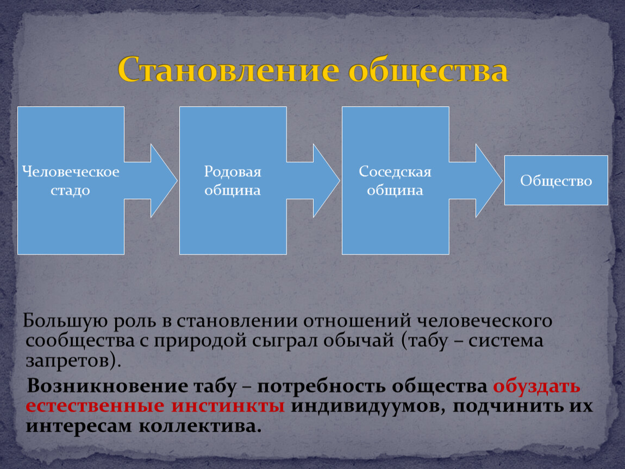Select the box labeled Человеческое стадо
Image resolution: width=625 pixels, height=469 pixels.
tap(71, 180)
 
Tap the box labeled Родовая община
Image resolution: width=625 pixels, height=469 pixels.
tap(233, 180)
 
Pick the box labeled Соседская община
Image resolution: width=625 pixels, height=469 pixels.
tap(396, 180)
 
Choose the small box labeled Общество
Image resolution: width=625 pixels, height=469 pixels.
tap(556, 180)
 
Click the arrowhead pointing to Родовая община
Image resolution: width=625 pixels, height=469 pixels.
tap(164, 180)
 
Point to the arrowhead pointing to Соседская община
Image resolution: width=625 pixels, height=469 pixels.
tap(326, 180)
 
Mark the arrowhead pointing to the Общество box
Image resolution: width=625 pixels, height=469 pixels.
tap(489, 180)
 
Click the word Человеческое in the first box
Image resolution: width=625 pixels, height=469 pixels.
tap(71, 172)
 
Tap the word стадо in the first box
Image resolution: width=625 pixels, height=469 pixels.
tap(70, 191)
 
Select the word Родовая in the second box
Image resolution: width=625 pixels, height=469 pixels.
tap(233, 172)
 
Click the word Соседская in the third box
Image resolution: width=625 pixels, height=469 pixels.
tap(395, 172)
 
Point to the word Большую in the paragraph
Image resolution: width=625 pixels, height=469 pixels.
tap(65, 321)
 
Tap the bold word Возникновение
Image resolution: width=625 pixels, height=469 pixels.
tap(107, 386)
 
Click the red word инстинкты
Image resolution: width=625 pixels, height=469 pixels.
tap(228, 405)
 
